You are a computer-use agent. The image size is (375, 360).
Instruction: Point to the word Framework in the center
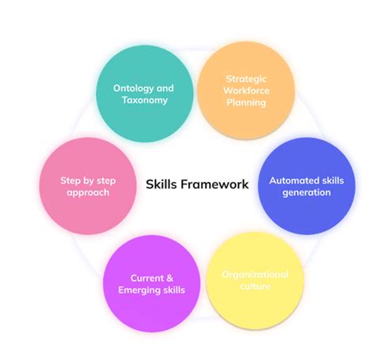[x=217, y=184]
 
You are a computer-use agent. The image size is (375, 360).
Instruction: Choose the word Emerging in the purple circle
[x=138, y=290]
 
